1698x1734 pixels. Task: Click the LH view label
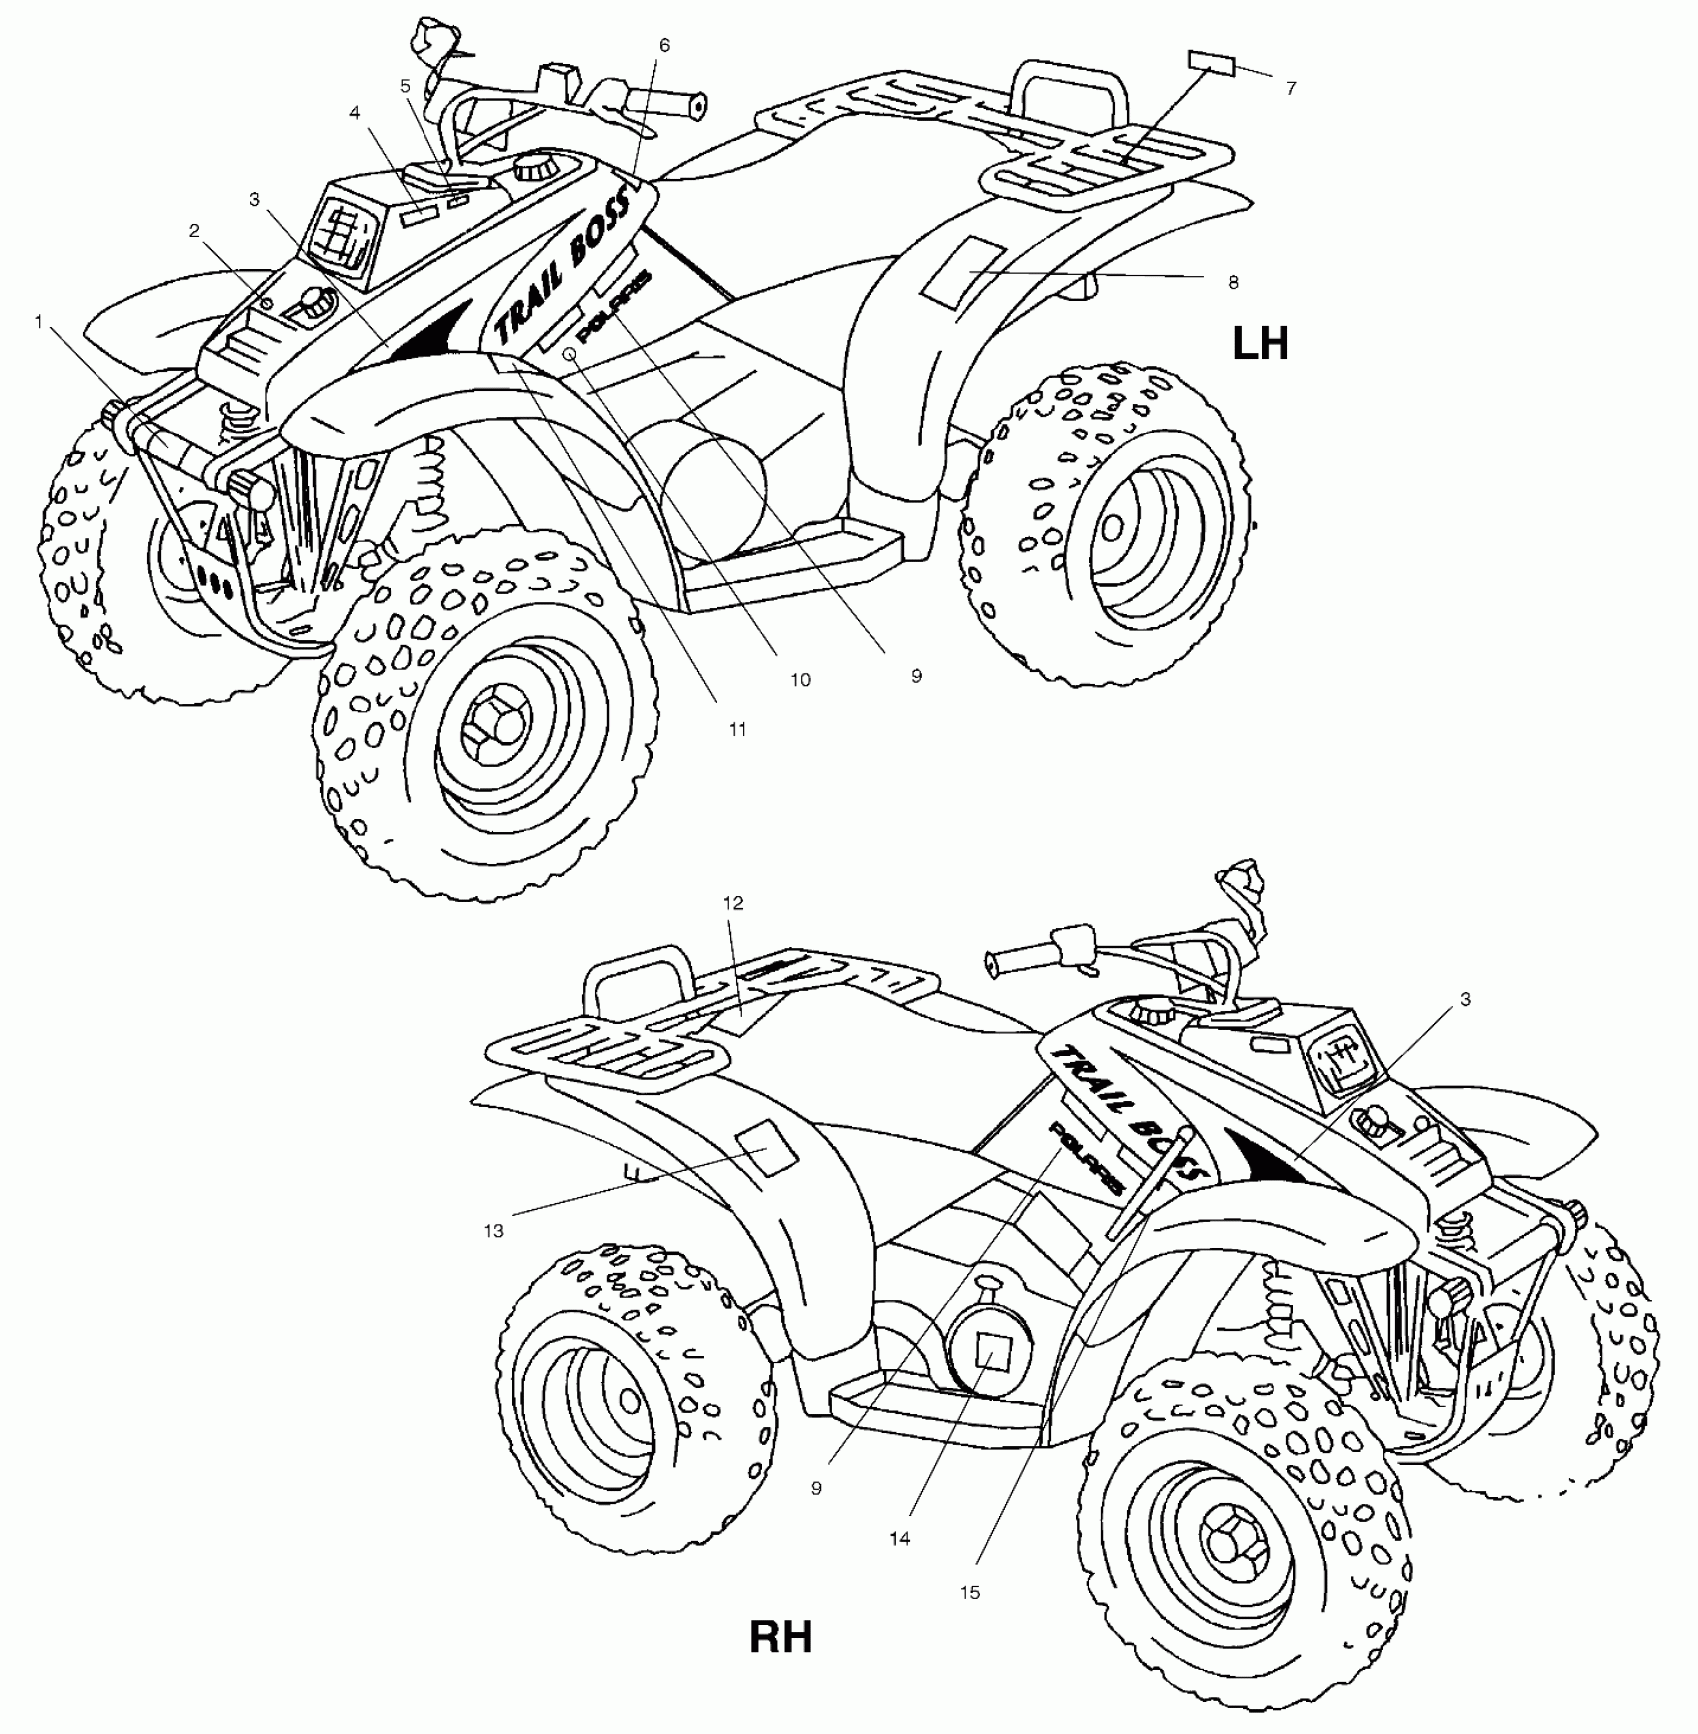[1261, 344]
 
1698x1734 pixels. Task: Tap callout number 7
[1291, 89]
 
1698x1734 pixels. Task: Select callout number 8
[1234, 283]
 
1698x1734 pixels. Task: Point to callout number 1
[39, 321]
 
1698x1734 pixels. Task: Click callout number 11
[737, 730]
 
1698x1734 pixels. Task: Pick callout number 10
[800, 680]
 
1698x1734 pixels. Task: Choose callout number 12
[734, 903]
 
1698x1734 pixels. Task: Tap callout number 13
[494, 1232]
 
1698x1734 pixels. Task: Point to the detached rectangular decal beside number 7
[1211, 67]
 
